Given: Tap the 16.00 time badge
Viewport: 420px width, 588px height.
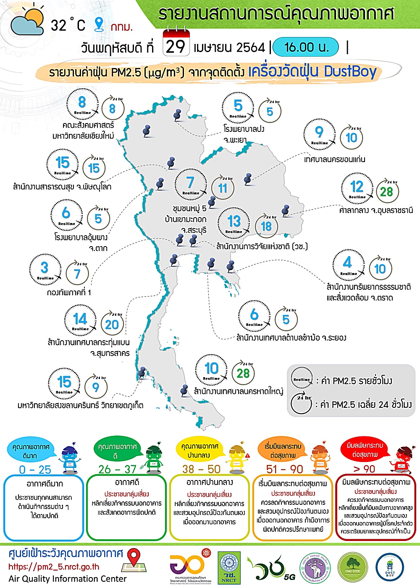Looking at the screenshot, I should (x=306, y=47).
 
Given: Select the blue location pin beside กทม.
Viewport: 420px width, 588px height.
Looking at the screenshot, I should (x=99, y=24).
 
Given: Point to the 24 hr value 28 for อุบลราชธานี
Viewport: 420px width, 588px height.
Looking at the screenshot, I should (x=386, y=192).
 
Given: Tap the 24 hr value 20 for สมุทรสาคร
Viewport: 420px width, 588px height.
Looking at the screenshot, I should (x=112, y=324).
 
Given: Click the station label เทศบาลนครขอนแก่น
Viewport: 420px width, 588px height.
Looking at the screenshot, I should (x=334, y=159).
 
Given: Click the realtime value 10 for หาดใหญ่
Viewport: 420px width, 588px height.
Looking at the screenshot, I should (x=211, y=370).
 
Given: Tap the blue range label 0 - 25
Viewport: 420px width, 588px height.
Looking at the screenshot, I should (x=35, y=470).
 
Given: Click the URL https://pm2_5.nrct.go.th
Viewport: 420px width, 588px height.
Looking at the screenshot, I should (x=54, y=567).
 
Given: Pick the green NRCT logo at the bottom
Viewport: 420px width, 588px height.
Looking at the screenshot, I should (x=229, y=568).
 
